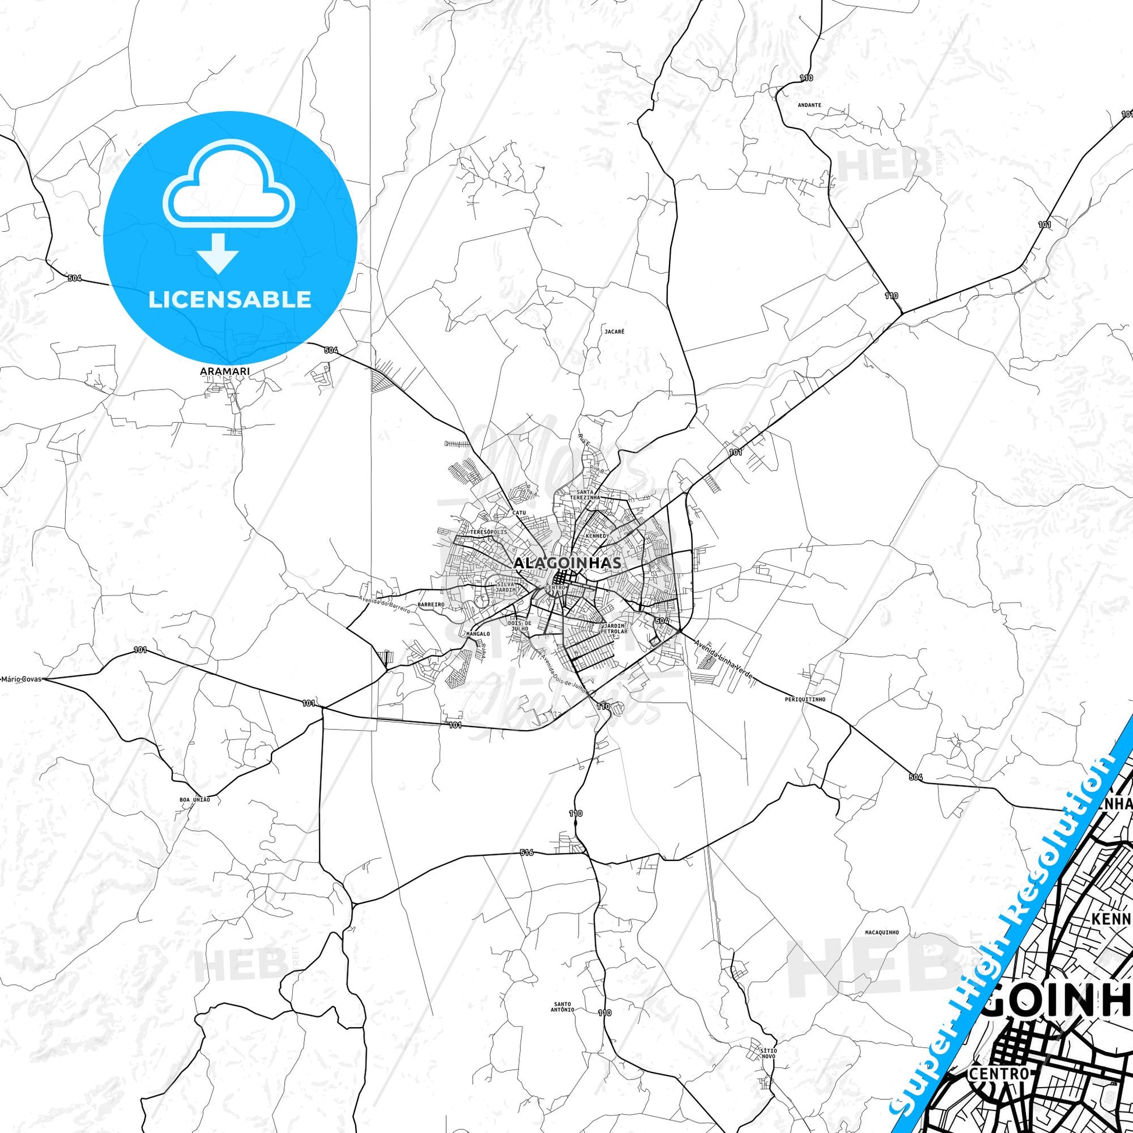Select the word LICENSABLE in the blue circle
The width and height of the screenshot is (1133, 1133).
click(x=230, y=300)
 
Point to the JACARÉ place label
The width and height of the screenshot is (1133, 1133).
click(x=614, y=331)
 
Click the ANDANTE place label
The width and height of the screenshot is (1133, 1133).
click(x=809, y=105)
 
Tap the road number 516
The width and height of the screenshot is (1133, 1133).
click(x=526, y=853)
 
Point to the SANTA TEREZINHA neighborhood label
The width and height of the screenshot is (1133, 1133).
click(x=588, y=494)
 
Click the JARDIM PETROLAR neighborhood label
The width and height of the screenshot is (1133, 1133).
click(x=614, y=629)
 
